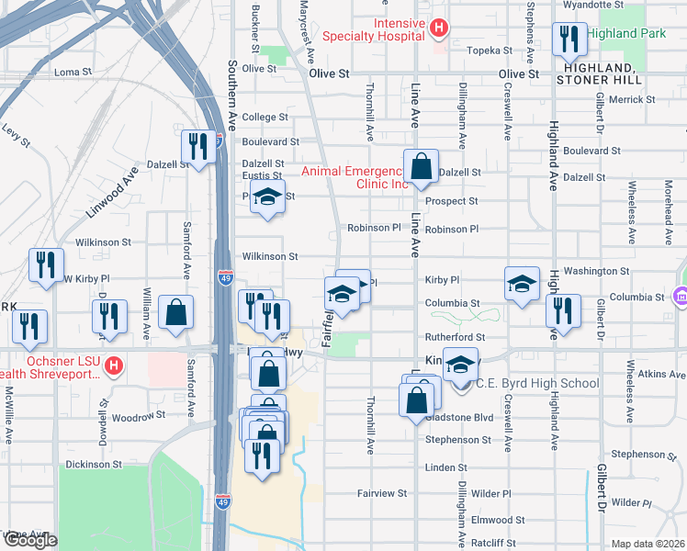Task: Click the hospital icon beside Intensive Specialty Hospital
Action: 439,28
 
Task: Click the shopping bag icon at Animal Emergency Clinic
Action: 421,167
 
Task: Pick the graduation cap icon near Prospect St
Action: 267,198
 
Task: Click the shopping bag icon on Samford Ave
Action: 175,312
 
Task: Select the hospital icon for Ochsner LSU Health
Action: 113,366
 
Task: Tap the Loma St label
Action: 73,72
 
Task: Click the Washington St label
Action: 596,272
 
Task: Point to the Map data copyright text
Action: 648,544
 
